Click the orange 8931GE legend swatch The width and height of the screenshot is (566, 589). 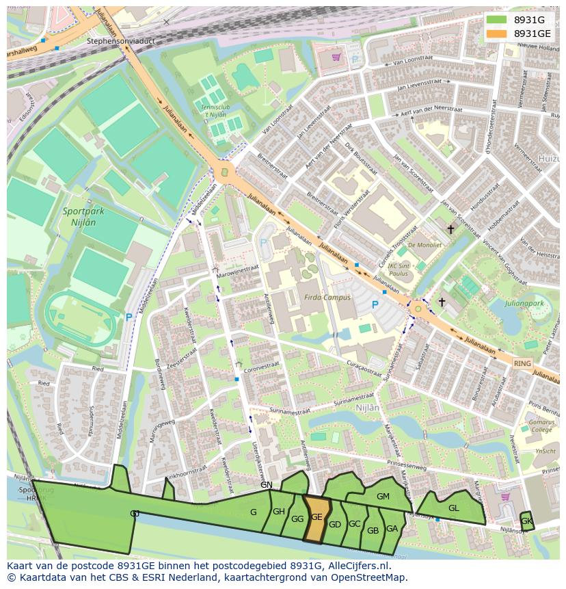497,34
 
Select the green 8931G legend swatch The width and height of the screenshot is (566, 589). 497,20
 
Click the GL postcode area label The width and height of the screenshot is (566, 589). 454,508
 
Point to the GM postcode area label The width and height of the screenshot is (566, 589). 383,497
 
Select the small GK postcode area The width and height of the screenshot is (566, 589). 526,521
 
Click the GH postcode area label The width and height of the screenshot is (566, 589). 279,512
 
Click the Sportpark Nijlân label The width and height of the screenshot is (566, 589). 83,217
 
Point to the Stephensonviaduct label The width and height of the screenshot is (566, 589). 121,41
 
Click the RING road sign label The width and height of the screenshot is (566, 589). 522,364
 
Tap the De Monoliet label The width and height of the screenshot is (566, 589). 424,244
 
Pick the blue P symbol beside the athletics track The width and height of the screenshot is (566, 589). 129,317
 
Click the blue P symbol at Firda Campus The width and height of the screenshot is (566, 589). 375,304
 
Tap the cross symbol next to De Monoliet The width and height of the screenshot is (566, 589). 450,229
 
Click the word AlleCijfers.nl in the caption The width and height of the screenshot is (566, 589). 358,566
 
